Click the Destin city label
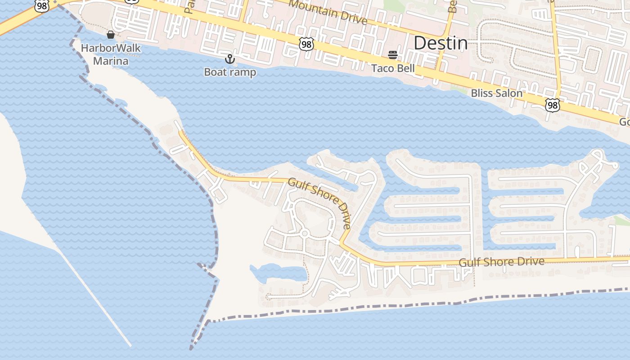click(x=440, y=43)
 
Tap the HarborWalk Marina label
click(x=111, y=54)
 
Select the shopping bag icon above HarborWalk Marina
click(x=111, y=35)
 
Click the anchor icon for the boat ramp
click(x=230, y=59)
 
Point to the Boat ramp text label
click(x=230, y=72)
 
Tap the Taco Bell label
click(x=393, y=68)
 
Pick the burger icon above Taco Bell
click(x=393, y=55)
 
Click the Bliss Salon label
click(x=496, y=93)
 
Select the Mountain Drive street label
click(x=328, y=12)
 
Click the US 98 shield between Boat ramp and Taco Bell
click(x=306, y=44)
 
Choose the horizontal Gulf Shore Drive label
click(x=501, y=261)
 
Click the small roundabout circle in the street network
click(x=305, y=233)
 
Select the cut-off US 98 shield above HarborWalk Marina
click(x=41, y=6)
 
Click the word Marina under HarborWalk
click(x=111, y=61)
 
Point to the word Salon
click(x=510, y=93)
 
